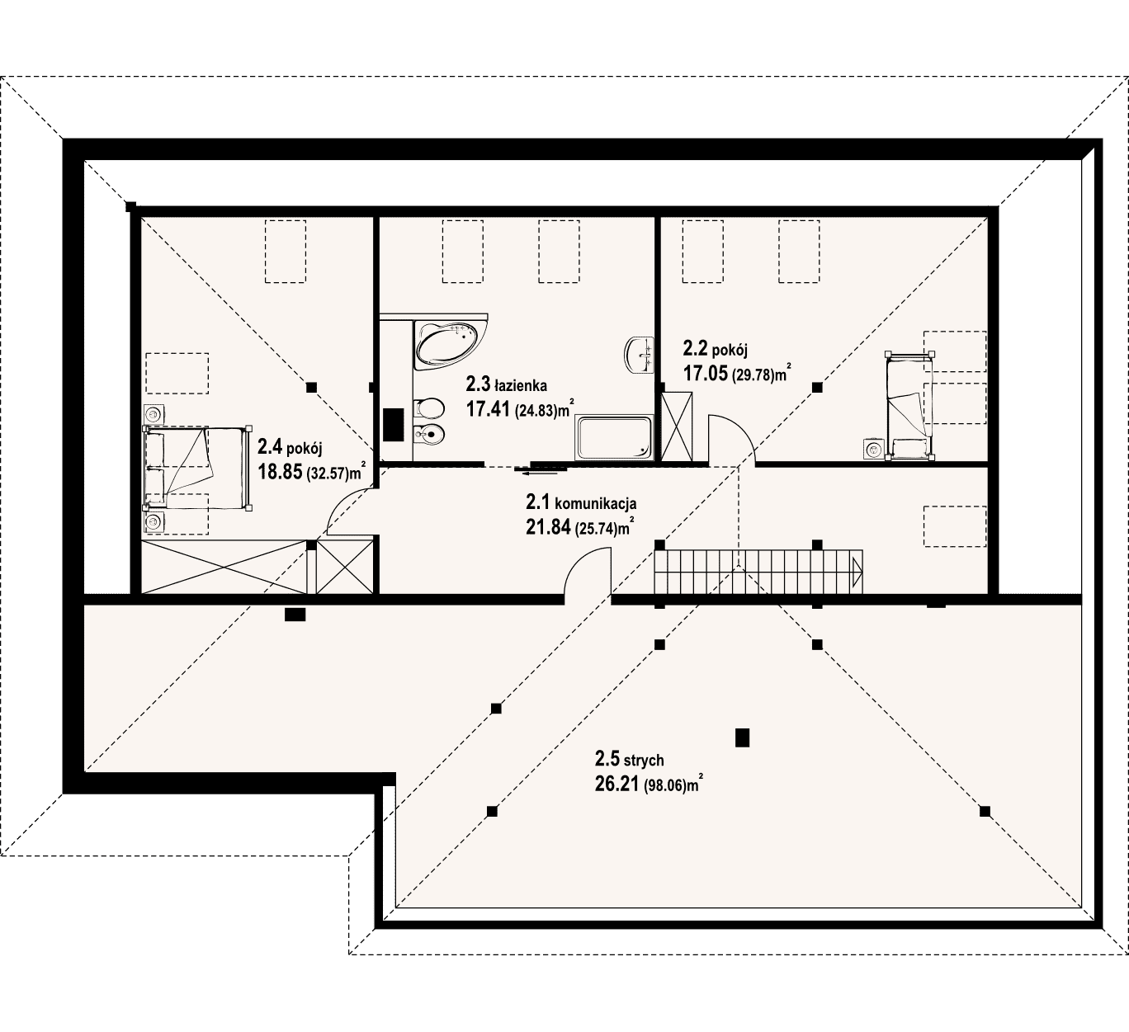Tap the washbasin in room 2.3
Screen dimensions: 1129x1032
click(639, 355)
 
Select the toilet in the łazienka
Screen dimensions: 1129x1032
click(428, 408)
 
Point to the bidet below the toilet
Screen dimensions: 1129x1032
click(428, 435)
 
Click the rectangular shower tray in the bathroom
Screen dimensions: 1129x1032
click(614, 438)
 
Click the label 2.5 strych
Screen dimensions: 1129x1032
click(629, 761)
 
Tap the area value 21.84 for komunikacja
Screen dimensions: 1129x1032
click(548, 527)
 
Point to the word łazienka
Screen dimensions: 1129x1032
click(521, 386)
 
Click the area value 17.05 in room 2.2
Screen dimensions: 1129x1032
click(705, 373)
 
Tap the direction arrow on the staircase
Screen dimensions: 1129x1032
click(857, 572)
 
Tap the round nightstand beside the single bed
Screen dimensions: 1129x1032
click(873, 450)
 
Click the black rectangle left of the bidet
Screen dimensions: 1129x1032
click(394, 424)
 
